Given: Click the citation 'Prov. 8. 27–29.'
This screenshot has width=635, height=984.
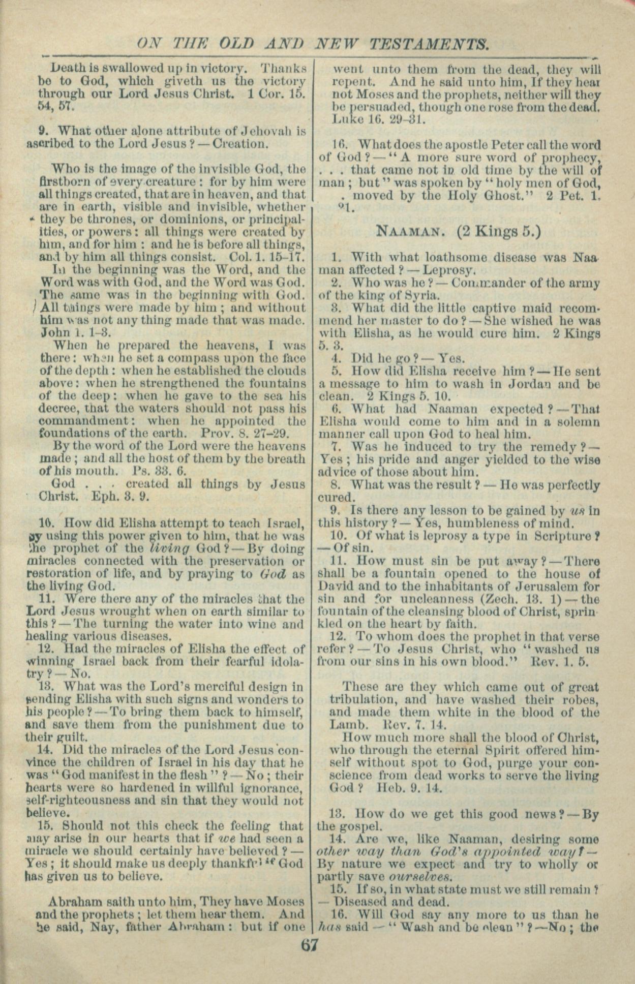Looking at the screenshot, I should click(246, 434).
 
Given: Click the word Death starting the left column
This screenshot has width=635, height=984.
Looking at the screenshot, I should click(69, 68).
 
